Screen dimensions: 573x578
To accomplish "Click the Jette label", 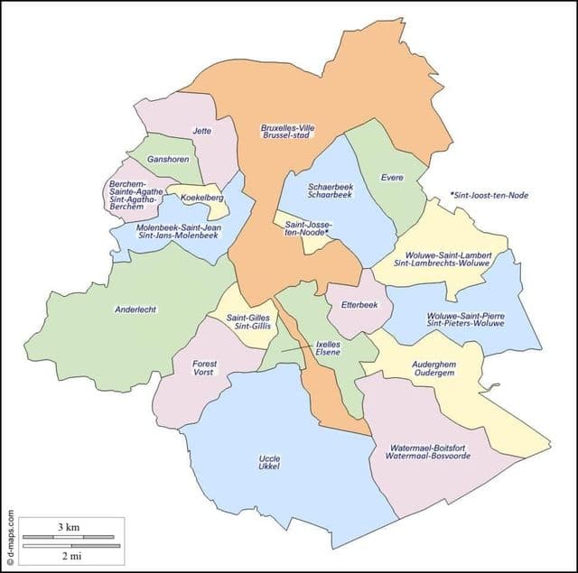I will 202,131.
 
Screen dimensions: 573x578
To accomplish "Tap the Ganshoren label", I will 156,160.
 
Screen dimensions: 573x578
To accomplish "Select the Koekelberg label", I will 202,198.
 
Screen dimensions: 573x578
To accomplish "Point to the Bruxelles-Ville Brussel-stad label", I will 285,132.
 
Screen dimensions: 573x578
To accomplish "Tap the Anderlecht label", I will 135,310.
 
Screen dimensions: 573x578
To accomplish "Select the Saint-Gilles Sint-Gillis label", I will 248,321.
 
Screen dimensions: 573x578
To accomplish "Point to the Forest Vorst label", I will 204,367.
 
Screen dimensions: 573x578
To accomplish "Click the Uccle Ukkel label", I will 269,463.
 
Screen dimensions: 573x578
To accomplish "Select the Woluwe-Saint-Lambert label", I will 449,260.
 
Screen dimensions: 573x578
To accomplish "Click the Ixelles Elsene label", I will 329,350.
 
